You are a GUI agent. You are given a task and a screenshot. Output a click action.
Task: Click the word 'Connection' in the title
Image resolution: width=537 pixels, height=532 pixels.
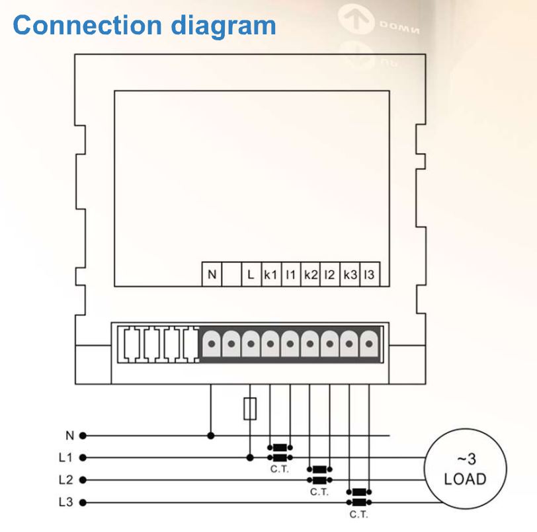pos(87,25)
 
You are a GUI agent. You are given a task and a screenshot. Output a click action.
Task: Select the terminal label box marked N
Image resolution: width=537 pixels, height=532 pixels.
pos(212,274)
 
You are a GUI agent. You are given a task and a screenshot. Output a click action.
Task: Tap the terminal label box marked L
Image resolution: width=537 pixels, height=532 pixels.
pos(251,274)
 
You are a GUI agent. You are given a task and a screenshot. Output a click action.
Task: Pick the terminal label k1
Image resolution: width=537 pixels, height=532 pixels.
pos(270,274)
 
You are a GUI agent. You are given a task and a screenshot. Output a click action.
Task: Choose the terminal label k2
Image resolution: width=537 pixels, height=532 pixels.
pos(311,274)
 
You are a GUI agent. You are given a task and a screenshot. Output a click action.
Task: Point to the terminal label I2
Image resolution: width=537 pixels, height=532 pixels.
pos(329,274)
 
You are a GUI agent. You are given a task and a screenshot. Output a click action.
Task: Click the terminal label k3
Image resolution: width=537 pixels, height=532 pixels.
pos(350,274)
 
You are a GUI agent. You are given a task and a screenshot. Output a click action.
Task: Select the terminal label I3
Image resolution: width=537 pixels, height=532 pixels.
pos(369,274)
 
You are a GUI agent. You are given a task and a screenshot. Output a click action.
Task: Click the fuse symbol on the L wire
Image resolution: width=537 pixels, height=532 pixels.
pos(250,409)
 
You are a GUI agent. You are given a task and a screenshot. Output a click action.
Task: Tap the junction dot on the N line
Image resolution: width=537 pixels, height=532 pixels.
pos(211,436)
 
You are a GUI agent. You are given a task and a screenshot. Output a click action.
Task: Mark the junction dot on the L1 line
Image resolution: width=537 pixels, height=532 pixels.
pos(250,458)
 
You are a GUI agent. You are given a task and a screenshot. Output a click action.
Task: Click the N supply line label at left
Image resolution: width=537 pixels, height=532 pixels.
pos(69,436)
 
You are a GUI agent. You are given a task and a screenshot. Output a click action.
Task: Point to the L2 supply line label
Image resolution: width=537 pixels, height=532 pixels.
pos(65,480)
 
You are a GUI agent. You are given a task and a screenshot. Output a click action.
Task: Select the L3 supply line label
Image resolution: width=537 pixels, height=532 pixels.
pos(65,502)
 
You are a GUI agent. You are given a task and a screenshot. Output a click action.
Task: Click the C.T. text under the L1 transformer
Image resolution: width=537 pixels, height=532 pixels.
pos(280,469)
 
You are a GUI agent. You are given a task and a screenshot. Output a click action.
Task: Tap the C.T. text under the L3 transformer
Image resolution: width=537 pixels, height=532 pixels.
pos(359,515)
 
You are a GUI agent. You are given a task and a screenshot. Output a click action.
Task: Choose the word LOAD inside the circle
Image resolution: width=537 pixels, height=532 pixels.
pos(466,479)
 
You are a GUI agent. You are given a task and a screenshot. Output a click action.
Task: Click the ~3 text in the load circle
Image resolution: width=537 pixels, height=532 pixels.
pos(466,459)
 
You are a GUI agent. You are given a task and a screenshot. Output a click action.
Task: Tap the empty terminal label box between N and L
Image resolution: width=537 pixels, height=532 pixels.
pos(232,274)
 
